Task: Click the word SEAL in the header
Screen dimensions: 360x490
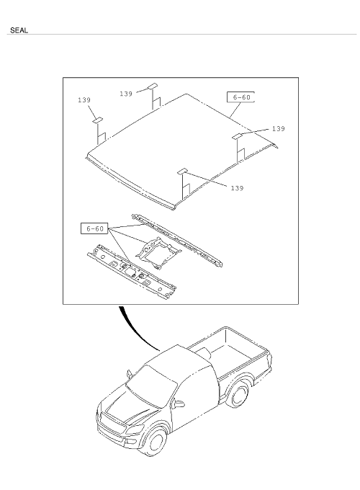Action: (x=19, y=30)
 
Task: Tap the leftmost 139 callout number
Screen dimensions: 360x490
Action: (x=84, y=100)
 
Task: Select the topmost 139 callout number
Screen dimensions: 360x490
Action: (x=126, y=94)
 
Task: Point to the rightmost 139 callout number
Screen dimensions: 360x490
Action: (x=278, y=129)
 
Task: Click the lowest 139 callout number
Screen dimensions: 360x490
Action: (x=237, y=188)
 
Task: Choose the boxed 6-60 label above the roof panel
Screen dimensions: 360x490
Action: (x=240, y=97)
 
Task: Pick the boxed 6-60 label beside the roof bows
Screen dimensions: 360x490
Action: (x=94, y=228)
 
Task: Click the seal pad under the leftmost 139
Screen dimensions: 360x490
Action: (x=97, y=120)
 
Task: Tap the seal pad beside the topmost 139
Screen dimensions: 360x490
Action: (x=153, y=86)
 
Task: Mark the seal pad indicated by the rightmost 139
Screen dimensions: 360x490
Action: (x=238, y=136)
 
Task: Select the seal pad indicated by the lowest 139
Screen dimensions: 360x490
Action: (x=182, y=171)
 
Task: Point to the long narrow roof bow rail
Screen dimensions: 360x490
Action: (x=177, y=240)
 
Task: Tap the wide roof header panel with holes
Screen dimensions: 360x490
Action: (x=132, y=272)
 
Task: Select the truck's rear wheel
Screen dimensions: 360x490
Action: (x=240, y=394)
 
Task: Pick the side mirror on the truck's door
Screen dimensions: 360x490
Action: (x=179, y=404)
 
